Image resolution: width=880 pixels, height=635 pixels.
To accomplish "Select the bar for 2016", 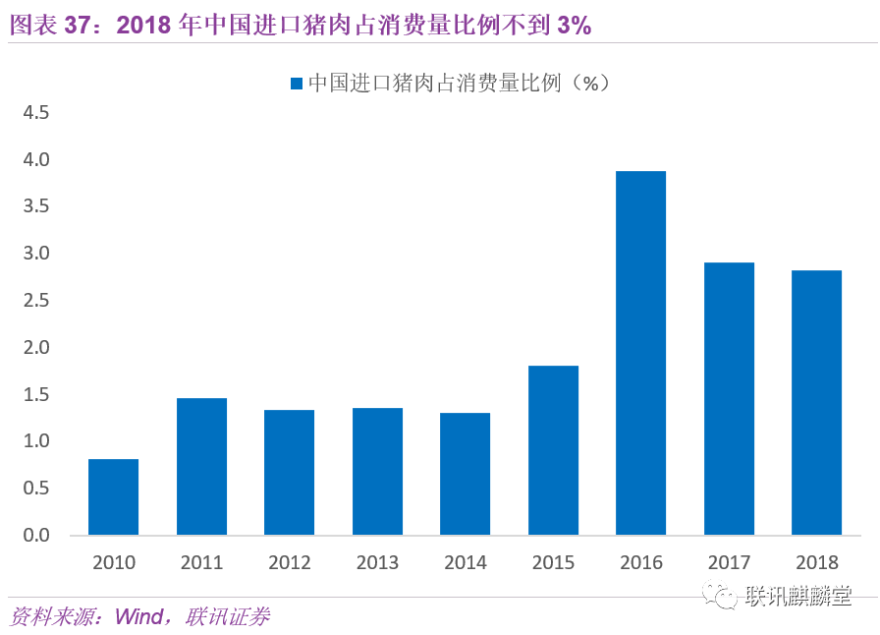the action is (x=640, y=353).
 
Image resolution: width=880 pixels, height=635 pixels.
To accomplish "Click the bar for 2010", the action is (x=113, y=496).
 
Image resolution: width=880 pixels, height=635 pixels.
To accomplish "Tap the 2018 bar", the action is (x=816, y=402).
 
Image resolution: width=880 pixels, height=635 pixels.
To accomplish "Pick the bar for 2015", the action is (x=553, y=450).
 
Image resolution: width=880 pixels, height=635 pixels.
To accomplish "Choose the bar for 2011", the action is (x=201, y=466).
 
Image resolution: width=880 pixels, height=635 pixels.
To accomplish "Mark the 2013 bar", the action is (x=377, y=472).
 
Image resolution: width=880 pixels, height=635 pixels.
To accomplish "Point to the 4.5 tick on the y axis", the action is (x=36, y=112).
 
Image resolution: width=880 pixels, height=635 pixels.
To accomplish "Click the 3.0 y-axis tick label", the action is (x=36, y=253).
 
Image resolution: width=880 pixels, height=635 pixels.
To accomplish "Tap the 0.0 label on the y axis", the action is (x=36, y=535).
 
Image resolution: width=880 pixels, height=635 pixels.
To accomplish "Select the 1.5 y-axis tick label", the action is (x=36, y=394).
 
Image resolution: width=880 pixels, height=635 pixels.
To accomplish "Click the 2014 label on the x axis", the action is (x=466, y=562).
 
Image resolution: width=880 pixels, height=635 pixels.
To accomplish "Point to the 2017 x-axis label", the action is (x=729, y=562).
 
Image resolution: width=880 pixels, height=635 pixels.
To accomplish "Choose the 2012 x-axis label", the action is (x=290, y=562).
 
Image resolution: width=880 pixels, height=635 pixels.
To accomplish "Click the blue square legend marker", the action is (x=297, y=84).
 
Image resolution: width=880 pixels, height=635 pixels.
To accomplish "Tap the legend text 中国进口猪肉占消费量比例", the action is (x=434, y=83).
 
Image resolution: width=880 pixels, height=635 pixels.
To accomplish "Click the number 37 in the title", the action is (x=78, y=25).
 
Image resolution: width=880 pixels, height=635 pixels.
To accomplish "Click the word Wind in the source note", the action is (x=138, y=616).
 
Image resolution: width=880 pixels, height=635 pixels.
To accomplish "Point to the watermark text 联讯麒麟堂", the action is (x=798, y=596).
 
